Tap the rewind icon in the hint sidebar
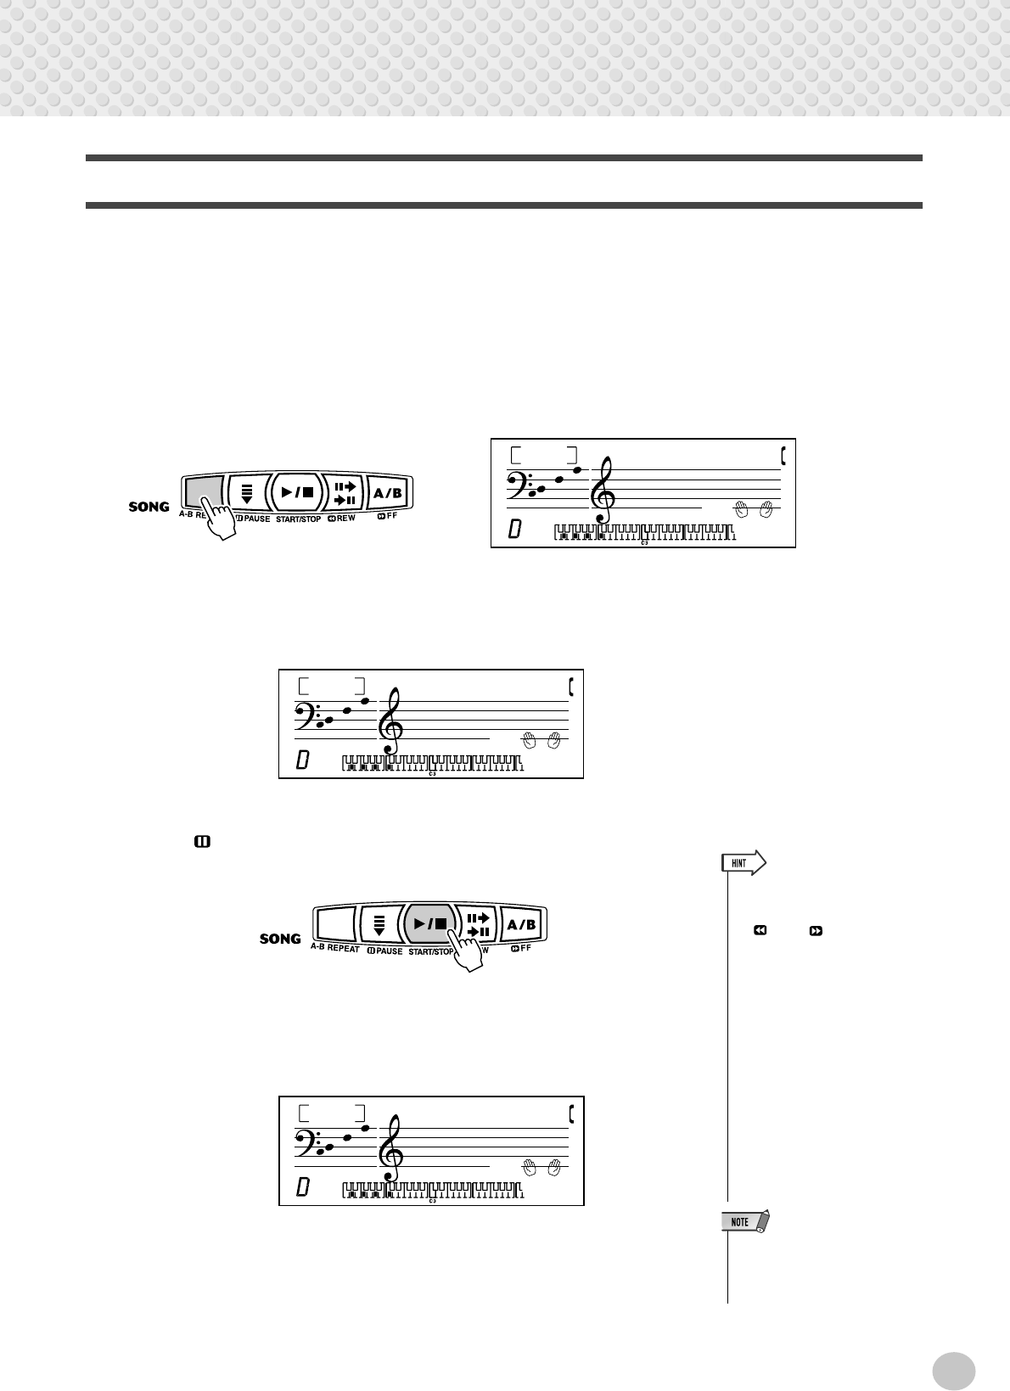coord(760,931)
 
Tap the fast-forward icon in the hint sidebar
coord(816,931)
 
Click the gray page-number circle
coord(953,1370)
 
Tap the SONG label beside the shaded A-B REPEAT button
coord(149,507)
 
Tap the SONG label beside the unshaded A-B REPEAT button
coord(280,939)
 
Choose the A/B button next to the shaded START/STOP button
coord(521,924)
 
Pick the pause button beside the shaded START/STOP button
coord(379,924)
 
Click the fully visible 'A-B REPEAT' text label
coord(335,948)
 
